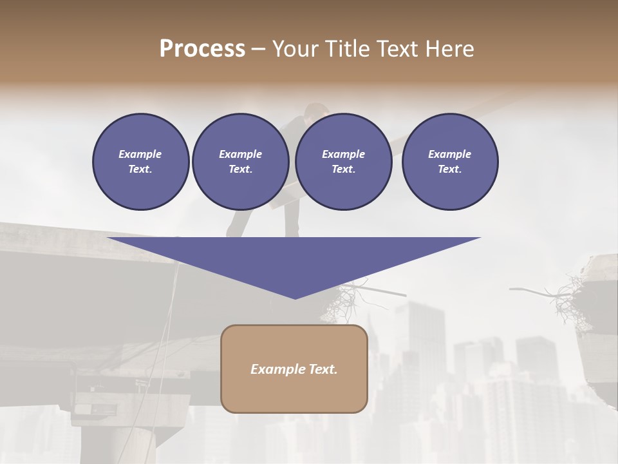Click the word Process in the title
(x=202, y=49)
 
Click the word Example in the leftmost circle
(x=140, y=154)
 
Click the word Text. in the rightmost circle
(x=449, y=169)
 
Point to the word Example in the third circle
(x=343, y=154)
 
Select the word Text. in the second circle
(x=240, y=169)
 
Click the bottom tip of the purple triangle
(x=295, y=297)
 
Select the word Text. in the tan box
(x=323, y=369)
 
